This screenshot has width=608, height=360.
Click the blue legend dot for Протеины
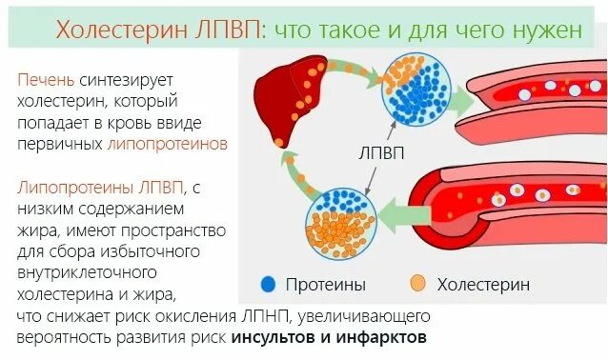point(268,284)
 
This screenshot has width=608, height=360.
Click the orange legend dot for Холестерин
point(415,284)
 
